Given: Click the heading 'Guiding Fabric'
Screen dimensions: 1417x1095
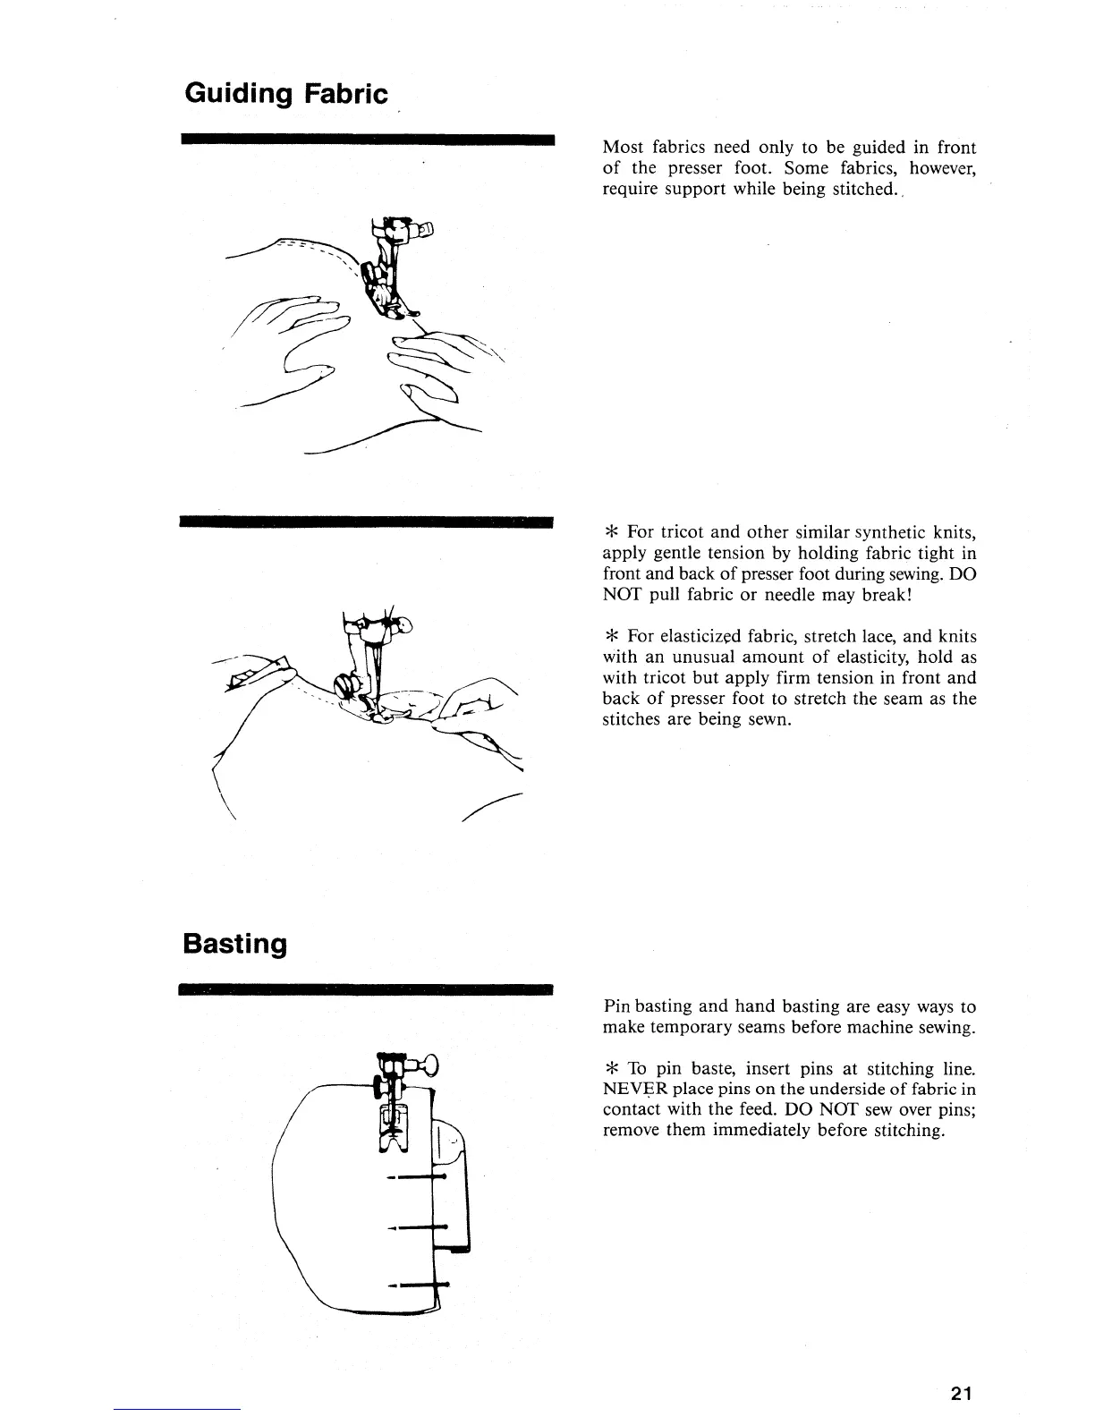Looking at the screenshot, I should click(285, 94).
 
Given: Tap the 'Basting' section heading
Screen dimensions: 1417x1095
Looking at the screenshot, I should click(234, 944).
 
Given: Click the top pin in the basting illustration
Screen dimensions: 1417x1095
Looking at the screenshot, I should click(417, 1178).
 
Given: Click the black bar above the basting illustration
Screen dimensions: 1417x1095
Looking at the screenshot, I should click(368, 989).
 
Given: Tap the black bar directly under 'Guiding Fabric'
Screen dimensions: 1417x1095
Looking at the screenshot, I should click(368, 140).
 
